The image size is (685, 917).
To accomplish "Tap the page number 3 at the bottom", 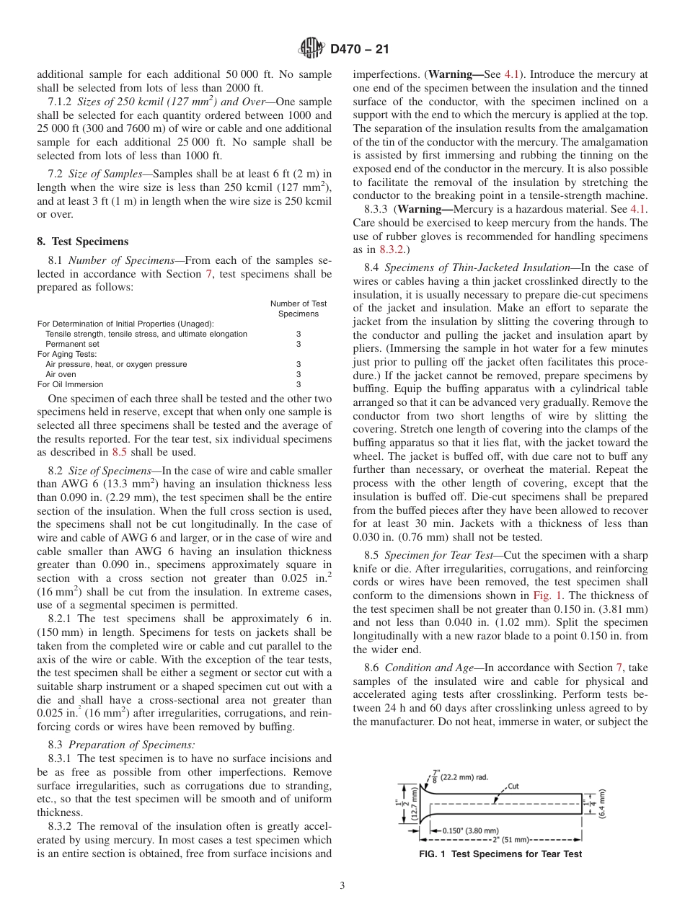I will pos(342,886).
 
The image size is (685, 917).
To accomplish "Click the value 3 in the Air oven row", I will pos(298,374).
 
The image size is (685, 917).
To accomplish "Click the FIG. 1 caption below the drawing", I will pos(500,854).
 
